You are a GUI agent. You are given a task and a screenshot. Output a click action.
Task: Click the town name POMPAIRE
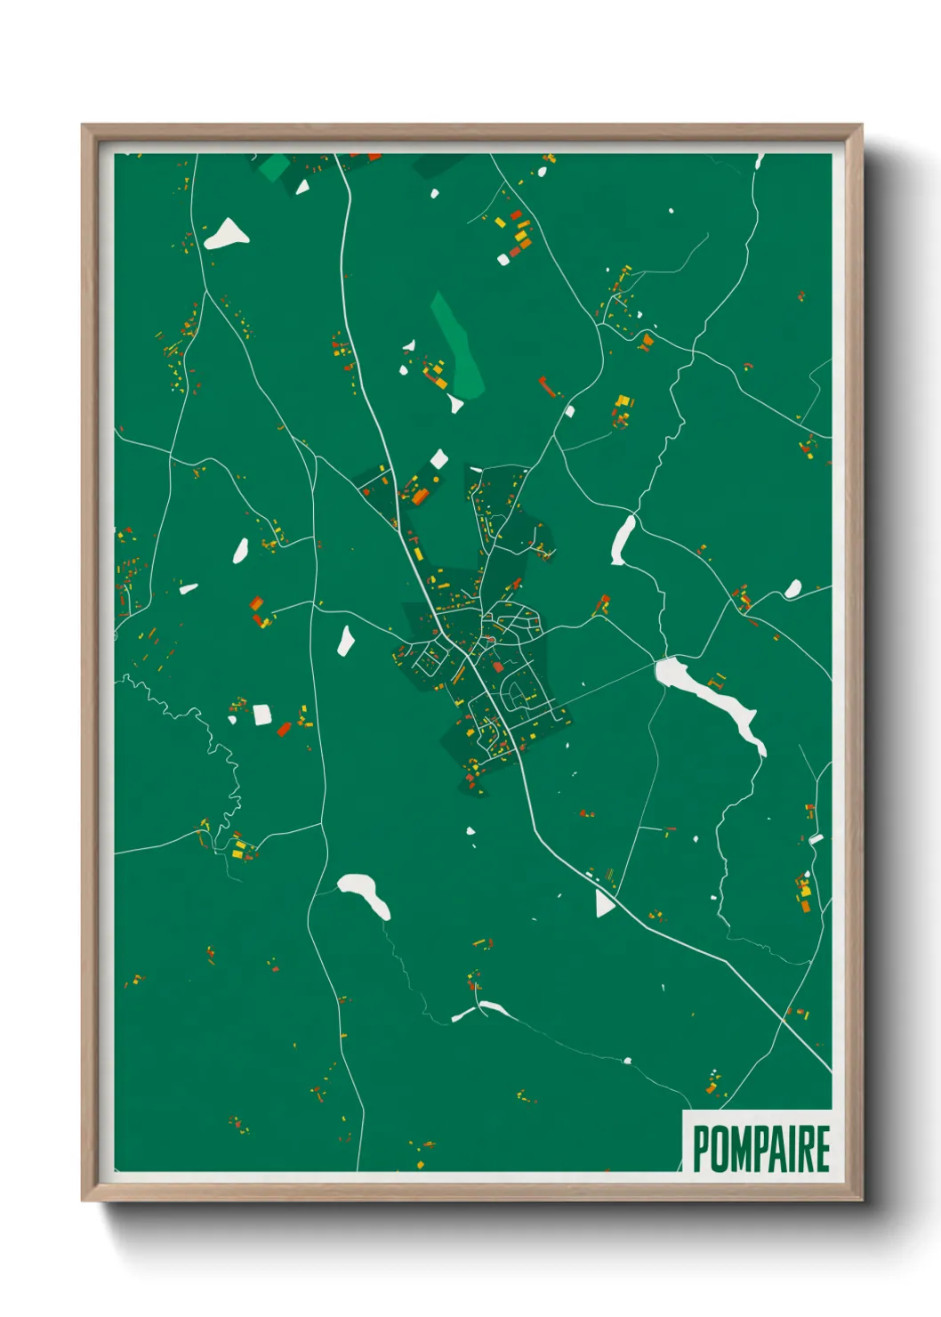click(x=760, y=1148)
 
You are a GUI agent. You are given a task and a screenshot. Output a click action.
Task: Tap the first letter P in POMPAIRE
click(x=700, y=1148)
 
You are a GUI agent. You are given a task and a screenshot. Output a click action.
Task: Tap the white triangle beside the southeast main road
click(x=604, y=903)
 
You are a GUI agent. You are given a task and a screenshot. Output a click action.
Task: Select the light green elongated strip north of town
click(x=457, y=345)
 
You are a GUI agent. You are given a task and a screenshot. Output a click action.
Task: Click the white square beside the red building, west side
click(x=261, y=715)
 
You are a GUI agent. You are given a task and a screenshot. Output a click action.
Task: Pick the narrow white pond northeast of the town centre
click(x=622, y=539)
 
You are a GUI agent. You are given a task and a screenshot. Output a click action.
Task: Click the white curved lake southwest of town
click(x=365, y=893)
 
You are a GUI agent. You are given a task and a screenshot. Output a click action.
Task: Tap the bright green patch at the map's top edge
click(x=274, y=166)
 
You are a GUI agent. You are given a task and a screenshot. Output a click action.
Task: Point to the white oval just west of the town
click(x=345, y=640)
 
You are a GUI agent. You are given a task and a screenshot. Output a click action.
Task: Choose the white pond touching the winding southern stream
click(x=480, y=1010)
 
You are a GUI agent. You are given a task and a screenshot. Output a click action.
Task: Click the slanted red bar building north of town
click(x=549, y=387)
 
